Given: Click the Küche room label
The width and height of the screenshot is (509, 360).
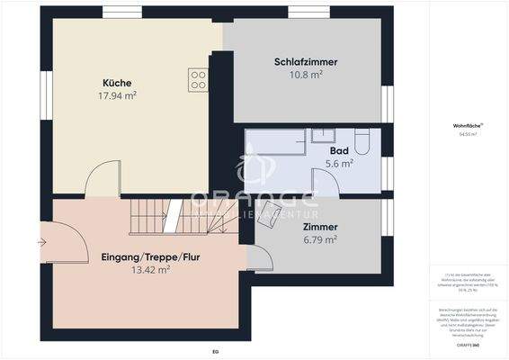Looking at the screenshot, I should point(117,83).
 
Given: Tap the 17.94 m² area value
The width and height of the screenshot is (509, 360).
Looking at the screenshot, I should point(117,94).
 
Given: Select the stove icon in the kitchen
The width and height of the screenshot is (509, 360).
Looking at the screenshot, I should point(198,78).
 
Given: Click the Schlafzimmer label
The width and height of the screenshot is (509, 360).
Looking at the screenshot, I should point(306,62).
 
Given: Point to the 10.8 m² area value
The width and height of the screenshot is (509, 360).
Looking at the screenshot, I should point(306,75).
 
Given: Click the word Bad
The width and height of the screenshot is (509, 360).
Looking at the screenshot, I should point(339,150).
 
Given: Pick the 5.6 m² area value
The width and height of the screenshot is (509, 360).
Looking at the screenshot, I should point(339,163).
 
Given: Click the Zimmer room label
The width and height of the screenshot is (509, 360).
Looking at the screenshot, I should point(320,228).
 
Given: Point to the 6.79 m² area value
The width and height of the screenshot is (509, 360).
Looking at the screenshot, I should point(320,240).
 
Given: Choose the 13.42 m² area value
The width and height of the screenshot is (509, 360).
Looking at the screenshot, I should point(151,269).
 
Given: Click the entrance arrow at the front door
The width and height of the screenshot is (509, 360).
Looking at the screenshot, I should point(42,241).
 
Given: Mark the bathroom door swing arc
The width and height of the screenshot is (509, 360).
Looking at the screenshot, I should point(326,180).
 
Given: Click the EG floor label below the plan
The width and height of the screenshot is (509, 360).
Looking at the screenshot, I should point(215,351).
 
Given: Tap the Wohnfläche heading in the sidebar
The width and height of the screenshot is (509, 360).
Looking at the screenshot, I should point(466,126).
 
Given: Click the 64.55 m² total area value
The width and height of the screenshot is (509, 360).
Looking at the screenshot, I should point(466,134).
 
